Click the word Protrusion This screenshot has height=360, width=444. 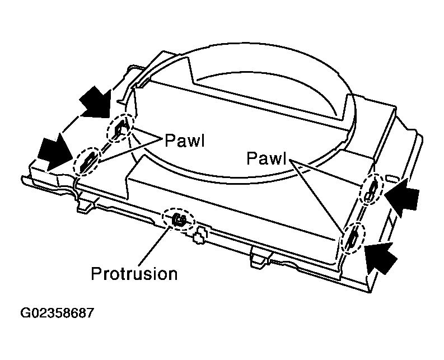(134, 274)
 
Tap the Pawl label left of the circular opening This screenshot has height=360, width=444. (185, 140)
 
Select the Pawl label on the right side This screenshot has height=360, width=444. (267, 158)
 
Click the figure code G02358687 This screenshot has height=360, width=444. (57, 313)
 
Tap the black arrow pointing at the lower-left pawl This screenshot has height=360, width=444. (55, 152)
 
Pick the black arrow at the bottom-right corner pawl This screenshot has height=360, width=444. (380, 258)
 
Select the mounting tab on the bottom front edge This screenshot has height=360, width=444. (260, 257)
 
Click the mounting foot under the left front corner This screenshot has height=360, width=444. (86, 204)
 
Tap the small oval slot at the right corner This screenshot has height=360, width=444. (394, 179)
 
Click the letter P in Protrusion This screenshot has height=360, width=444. (96, 274)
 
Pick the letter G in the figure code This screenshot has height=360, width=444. (26, 313)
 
